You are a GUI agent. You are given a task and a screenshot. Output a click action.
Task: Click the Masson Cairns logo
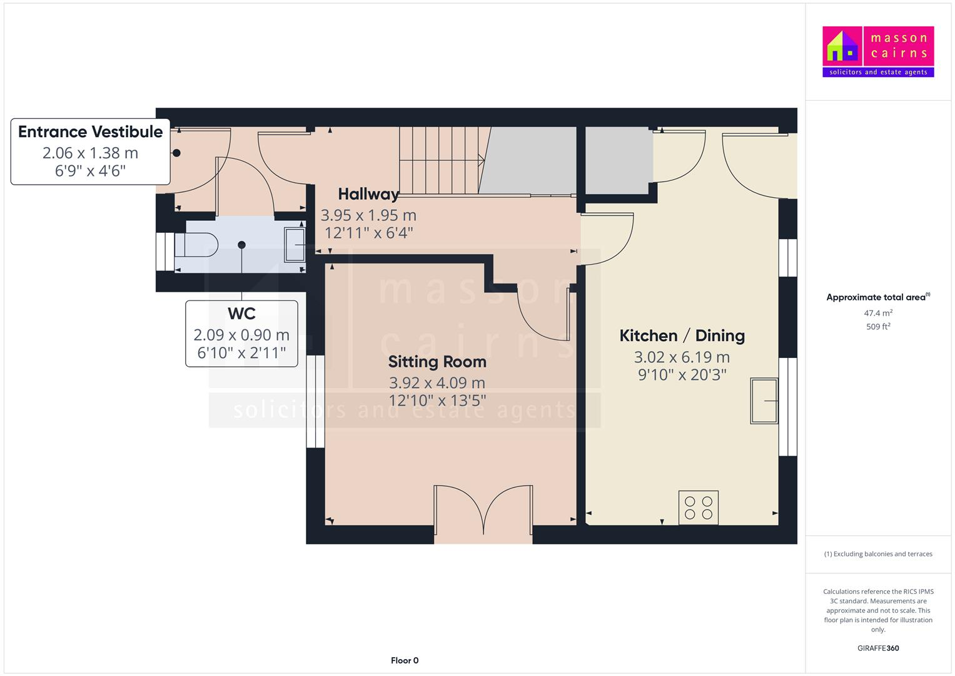click(x=877, y=51)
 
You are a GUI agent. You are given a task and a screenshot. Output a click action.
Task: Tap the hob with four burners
click(x=698, y=508)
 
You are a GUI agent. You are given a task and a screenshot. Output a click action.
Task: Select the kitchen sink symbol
click(x=764, y=401)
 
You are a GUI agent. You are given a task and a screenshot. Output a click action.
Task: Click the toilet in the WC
click(x=196, y=245)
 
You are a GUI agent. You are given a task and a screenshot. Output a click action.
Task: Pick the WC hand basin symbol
click(x=294, y=245)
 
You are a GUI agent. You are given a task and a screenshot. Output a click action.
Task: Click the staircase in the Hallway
click(x=441, y=160)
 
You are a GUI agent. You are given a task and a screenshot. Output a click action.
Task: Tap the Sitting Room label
click(x=437, y=362)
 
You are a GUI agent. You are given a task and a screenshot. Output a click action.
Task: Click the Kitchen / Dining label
click(x=682, y=335)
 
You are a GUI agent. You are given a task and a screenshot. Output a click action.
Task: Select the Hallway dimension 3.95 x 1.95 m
click(x=368, y=215)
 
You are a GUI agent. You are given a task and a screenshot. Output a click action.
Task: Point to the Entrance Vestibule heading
click(x=91, y=132)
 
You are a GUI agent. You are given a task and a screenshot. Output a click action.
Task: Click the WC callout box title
click(x=241, y=314)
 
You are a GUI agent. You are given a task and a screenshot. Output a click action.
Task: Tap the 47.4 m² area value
click(x=877, y=313)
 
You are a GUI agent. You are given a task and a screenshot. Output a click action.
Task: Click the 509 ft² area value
click(x=877, y=327)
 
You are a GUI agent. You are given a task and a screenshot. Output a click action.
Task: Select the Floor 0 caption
click(x=404, y=660)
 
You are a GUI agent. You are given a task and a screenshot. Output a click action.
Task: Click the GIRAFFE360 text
click(x=877, y=648)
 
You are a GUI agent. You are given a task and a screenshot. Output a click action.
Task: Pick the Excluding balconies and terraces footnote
click(x=877, y=554)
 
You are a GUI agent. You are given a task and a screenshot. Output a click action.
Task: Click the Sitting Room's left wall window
click(x=315, y=401)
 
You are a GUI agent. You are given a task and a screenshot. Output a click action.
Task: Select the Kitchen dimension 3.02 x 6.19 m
click(x=682, y=357)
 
